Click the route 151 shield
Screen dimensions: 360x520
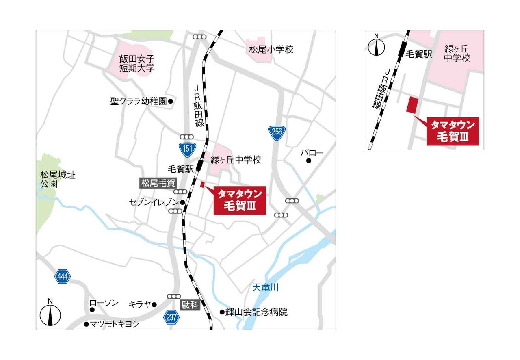[187, 148]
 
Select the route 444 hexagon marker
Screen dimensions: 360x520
[63, 277]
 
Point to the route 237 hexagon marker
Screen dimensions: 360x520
[172, 317]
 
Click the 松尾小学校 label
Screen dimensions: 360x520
[271, 50]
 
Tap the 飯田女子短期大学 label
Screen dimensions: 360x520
[137, 64]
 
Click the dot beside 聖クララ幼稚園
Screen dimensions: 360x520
[171, 101]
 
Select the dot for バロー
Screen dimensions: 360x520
[309, 161]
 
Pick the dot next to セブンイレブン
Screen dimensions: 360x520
[183, 202]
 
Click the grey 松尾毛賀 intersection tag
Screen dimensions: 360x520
[158, 183]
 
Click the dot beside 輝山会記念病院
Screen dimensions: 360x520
[222, 312]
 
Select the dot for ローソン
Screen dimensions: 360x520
[92, 310]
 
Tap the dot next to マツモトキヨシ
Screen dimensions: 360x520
[86, 324]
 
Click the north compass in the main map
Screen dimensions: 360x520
[50, 314]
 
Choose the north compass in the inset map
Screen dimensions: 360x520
[377, 46]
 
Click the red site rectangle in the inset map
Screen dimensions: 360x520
[413, 104]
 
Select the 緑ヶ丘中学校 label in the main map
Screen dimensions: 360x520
[236, 160]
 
